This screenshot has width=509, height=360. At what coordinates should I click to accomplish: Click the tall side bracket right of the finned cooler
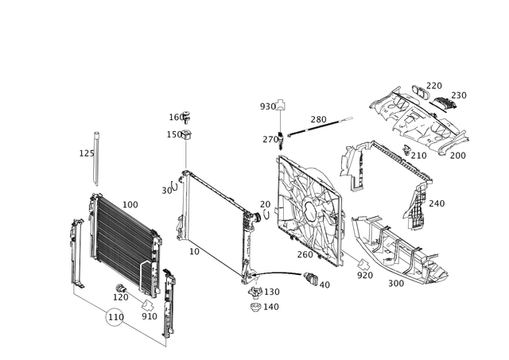pos(169,306)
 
